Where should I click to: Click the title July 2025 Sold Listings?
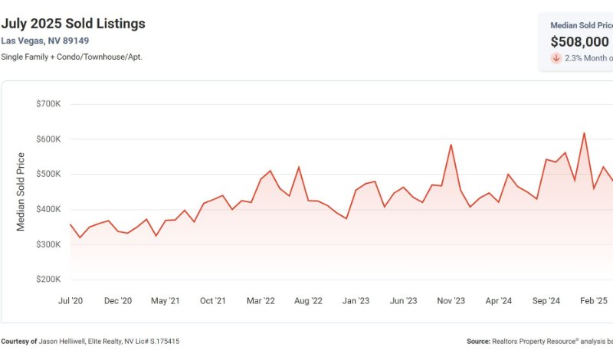coord(74,24)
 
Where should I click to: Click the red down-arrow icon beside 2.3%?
coord(556,58)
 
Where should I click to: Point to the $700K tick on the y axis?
coord(48,103)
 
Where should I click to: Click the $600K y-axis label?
coord(48,139)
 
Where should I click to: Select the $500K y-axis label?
coord(48,174)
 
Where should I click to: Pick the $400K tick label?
coord(48,209)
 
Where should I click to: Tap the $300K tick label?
coord(48,244)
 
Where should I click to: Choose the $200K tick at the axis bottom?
coord(48,280)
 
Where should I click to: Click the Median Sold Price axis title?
coord(21,191)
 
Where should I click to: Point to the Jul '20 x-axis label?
coord(70,301)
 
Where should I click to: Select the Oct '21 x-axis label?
coord(213,301)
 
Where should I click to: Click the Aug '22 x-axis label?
coord(308,301)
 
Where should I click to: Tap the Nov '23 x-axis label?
coord(451,301)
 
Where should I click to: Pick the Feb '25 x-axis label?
coord(593,301)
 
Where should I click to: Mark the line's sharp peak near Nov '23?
coord(451,145)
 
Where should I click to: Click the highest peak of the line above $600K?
coord(584,133)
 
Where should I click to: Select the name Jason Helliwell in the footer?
coord(67,341)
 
